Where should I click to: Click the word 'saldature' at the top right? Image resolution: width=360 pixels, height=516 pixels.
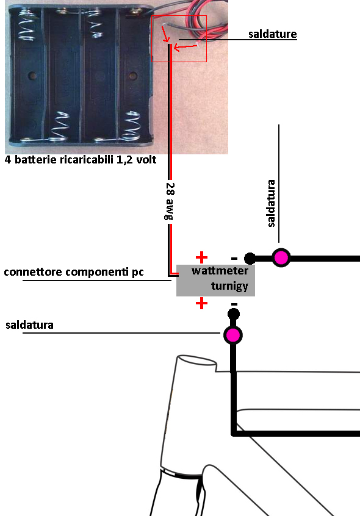click(273, 34)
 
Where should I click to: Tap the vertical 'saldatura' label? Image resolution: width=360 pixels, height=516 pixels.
click(271, 203)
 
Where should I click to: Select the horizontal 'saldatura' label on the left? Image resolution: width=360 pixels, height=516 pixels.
click(29, 325)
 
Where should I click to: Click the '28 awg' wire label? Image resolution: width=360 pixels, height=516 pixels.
click(170, 201)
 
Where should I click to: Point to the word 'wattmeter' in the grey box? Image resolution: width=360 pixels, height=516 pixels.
click(220, 271)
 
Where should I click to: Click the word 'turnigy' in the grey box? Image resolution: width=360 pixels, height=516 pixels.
click(229, 286)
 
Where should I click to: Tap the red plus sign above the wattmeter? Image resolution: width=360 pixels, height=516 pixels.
click(201, 257)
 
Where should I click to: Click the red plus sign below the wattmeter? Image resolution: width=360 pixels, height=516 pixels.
click(201, 303)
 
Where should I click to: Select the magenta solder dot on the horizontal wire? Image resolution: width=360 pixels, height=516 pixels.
click(281, 257)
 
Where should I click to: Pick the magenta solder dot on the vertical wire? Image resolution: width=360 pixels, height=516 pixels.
click(233, 335)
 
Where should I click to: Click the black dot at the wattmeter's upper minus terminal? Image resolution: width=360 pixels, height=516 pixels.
click(250, 259)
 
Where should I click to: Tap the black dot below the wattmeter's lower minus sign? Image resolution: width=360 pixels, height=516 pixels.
click(233, 314)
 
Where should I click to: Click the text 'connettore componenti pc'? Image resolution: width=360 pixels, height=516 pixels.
click(74, 272)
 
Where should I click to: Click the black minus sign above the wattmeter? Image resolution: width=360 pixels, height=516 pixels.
click(234, 259)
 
